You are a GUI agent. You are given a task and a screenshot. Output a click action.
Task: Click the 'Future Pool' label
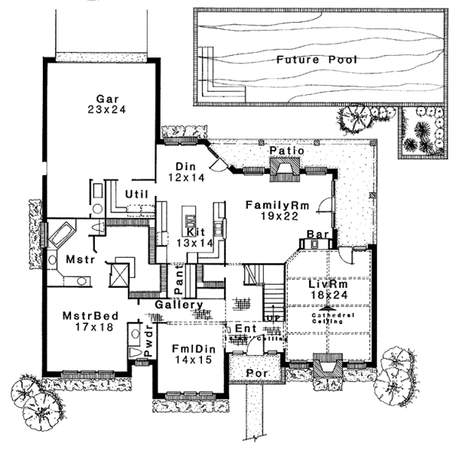click(x=317, y=59)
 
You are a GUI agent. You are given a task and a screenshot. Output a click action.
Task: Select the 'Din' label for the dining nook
click(x=182, y=166)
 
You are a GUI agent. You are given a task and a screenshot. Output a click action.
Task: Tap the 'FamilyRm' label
click(x=272, y=205)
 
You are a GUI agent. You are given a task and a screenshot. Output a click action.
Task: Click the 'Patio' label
click(x=288, y=151)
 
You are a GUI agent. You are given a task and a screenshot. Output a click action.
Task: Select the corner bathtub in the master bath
click(x=62, y=233)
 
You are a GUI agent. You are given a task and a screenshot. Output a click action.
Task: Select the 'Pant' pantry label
click(x=177, y=285)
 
